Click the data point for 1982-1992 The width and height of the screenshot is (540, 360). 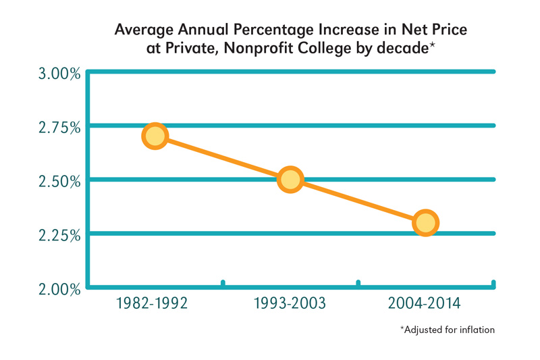click(x=155, y=136)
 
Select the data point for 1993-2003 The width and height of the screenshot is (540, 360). click(x=290, y=180)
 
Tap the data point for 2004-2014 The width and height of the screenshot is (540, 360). click(x=425, y=222)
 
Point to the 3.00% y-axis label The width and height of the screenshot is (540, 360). click(x=58, y=73)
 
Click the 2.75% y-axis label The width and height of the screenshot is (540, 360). click(x=58, y=127)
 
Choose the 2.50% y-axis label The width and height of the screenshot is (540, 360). click(x=58, y=181)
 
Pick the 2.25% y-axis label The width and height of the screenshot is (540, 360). click(x=58, y=235)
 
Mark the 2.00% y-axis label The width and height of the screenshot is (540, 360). click(x=58, y=289)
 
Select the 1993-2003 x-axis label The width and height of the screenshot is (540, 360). click(x=290, y=303)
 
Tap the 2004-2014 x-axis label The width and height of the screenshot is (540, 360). click(x=425, y=303)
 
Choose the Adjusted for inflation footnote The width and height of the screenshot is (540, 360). click(x=448, y=330)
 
